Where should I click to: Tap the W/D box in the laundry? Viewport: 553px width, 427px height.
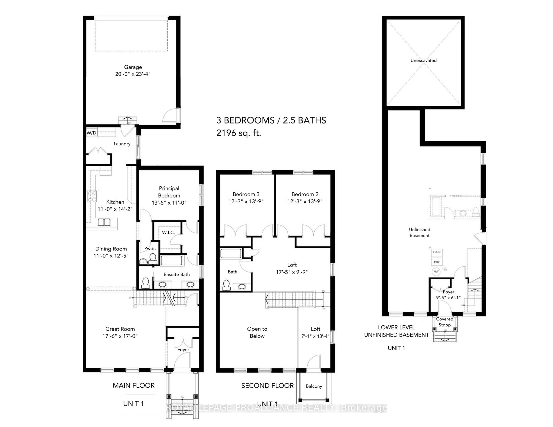[91, 133]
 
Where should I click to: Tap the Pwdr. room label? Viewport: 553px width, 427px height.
[150, 248]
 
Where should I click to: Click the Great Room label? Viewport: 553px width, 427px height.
[120, 329]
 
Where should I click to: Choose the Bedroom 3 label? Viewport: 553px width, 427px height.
[246, 194]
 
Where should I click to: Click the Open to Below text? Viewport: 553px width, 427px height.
[257, 332]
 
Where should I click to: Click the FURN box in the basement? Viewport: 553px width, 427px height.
[436, 252]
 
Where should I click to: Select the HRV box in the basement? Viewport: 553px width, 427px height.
[436, 262]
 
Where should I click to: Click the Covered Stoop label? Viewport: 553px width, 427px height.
[444, 322]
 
